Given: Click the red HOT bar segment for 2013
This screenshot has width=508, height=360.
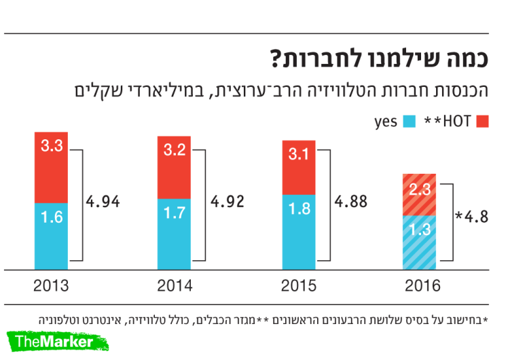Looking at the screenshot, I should pos(51,167).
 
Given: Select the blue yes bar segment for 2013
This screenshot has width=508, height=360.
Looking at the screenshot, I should pos(51,235).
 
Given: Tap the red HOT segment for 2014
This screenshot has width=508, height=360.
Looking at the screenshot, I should pos(175,167).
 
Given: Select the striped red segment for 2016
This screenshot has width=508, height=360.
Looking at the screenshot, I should pos(423,194).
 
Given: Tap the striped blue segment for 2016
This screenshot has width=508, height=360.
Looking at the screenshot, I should pos(423,241).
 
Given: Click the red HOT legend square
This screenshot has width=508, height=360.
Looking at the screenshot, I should pos(484,122).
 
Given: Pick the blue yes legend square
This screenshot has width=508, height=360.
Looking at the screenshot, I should pos(410,122).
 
